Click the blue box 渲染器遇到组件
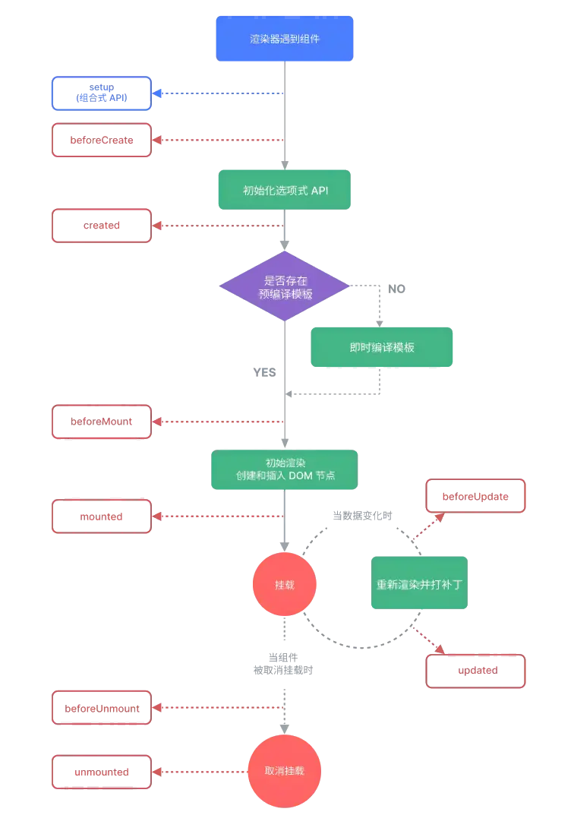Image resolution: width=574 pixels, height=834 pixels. pyautogui.click(x=284, y=38)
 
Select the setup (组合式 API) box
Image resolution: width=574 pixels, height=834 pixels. pyautogui.click(x=102, y=93)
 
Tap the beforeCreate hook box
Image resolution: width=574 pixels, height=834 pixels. pyautogui.click(x=102, y=140)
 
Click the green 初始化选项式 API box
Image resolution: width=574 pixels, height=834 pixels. pyautogui.click(x=284, y=190)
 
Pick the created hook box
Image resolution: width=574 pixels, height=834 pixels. pyautogui.click(x=102, y=226)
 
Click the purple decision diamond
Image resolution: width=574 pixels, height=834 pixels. pyautogui.click(x=284, y=286)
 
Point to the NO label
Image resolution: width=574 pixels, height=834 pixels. pyautogui.click(x=396, y=289)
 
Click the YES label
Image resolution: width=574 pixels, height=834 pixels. pyautogui.click(x=264, y=372)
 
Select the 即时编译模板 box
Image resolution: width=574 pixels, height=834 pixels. pyautogui.click(x=382, y=347)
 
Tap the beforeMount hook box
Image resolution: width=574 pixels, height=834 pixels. pyautogui.click(x=102, y=422)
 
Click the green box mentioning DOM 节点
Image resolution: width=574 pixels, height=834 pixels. pyautogui.click(x=284, y=469)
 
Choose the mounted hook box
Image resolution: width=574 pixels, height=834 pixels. pyautogui.click(x=102, y=517)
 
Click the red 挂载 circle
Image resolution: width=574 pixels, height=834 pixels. pyautogui.click(x=284, y=584)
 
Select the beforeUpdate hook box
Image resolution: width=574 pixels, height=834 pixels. pyautogui.click(x=475, y=496)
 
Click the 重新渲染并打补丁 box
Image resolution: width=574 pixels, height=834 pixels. pyautogui.click(x=419, y=583)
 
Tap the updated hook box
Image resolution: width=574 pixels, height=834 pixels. pyautogui.click(x=475, y=671)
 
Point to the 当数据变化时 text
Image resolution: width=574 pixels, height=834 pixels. pyautogui.click(x=362, y=516)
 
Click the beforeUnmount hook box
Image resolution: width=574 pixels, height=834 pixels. pyautogui.click(x=102, y=708)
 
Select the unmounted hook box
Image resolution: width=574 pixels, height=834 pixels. pyautogui.click(x=102, y=772)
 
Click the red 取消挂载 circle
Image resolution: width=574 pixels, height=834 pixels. pyautogui.click(x=284, y=771)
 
